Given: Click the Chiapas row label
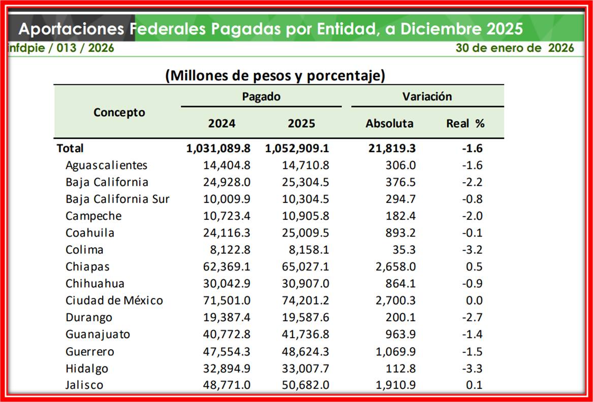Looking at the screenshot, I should [87, 266].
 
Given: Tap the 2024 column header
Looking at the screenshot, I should [222, 123].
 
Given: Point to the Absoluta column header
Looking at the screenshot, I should [389, 123].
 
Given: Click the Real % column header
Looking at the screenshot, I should [465, 123].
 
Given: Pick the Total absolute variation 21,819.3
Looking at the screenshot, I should [391, 148].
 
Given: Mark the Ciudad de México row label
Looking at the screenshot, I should [114, 300].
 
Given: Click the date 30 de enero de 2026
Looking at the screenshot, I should [514, 48].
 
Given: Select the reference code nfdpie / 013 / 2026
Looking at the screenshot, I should [61, 48].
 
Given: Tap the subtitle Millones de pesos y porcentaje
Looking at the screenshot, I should [275, 76].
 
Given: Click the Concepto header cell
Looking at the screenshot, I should [119, 113].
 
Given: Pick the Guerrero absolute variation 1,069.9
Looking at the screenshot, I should [394, 351].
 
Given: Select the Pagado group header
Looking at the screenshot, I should [261, 96].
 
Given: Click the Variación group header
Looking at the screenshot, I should [427, 96].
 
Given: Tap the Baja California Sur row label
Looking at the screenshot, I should [117, 199].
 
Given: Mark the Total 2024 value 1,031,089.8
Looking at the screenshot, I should [219, 148].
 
